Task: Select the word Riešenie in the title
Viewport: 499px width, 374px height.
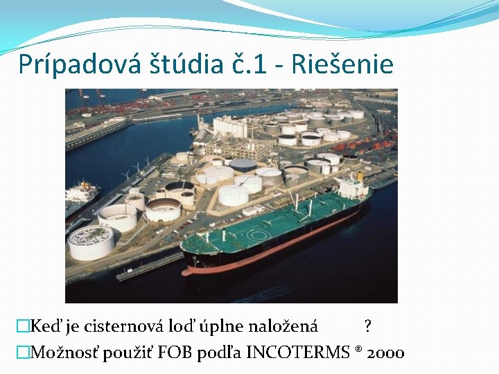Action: pyautogui.click(x=343, y=64)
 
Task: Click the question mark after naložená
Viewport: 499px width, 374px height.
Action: pyautogui.click(x=367, y=326)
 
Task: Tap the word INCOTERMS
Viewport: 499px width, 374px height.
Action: pyautogui.click(x=299, y=353)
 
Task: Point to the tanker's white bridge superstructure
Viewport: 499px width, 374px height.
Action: pyautogui.click(x=351, y=186)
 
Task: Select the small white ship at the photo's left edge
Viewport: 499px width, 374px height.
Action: pyautogui.click(x=81, y=193)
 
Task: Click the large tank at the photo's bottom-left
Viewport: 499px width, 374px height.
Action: pyautogui.click(x=91, y=242)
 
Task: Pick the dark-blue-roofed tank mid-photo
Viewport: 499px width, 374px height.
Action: pyautogui.click(x=243, y=165)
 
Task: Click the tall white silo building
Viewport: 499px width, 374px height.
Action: pyautogui.click(x=229, y=127)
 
